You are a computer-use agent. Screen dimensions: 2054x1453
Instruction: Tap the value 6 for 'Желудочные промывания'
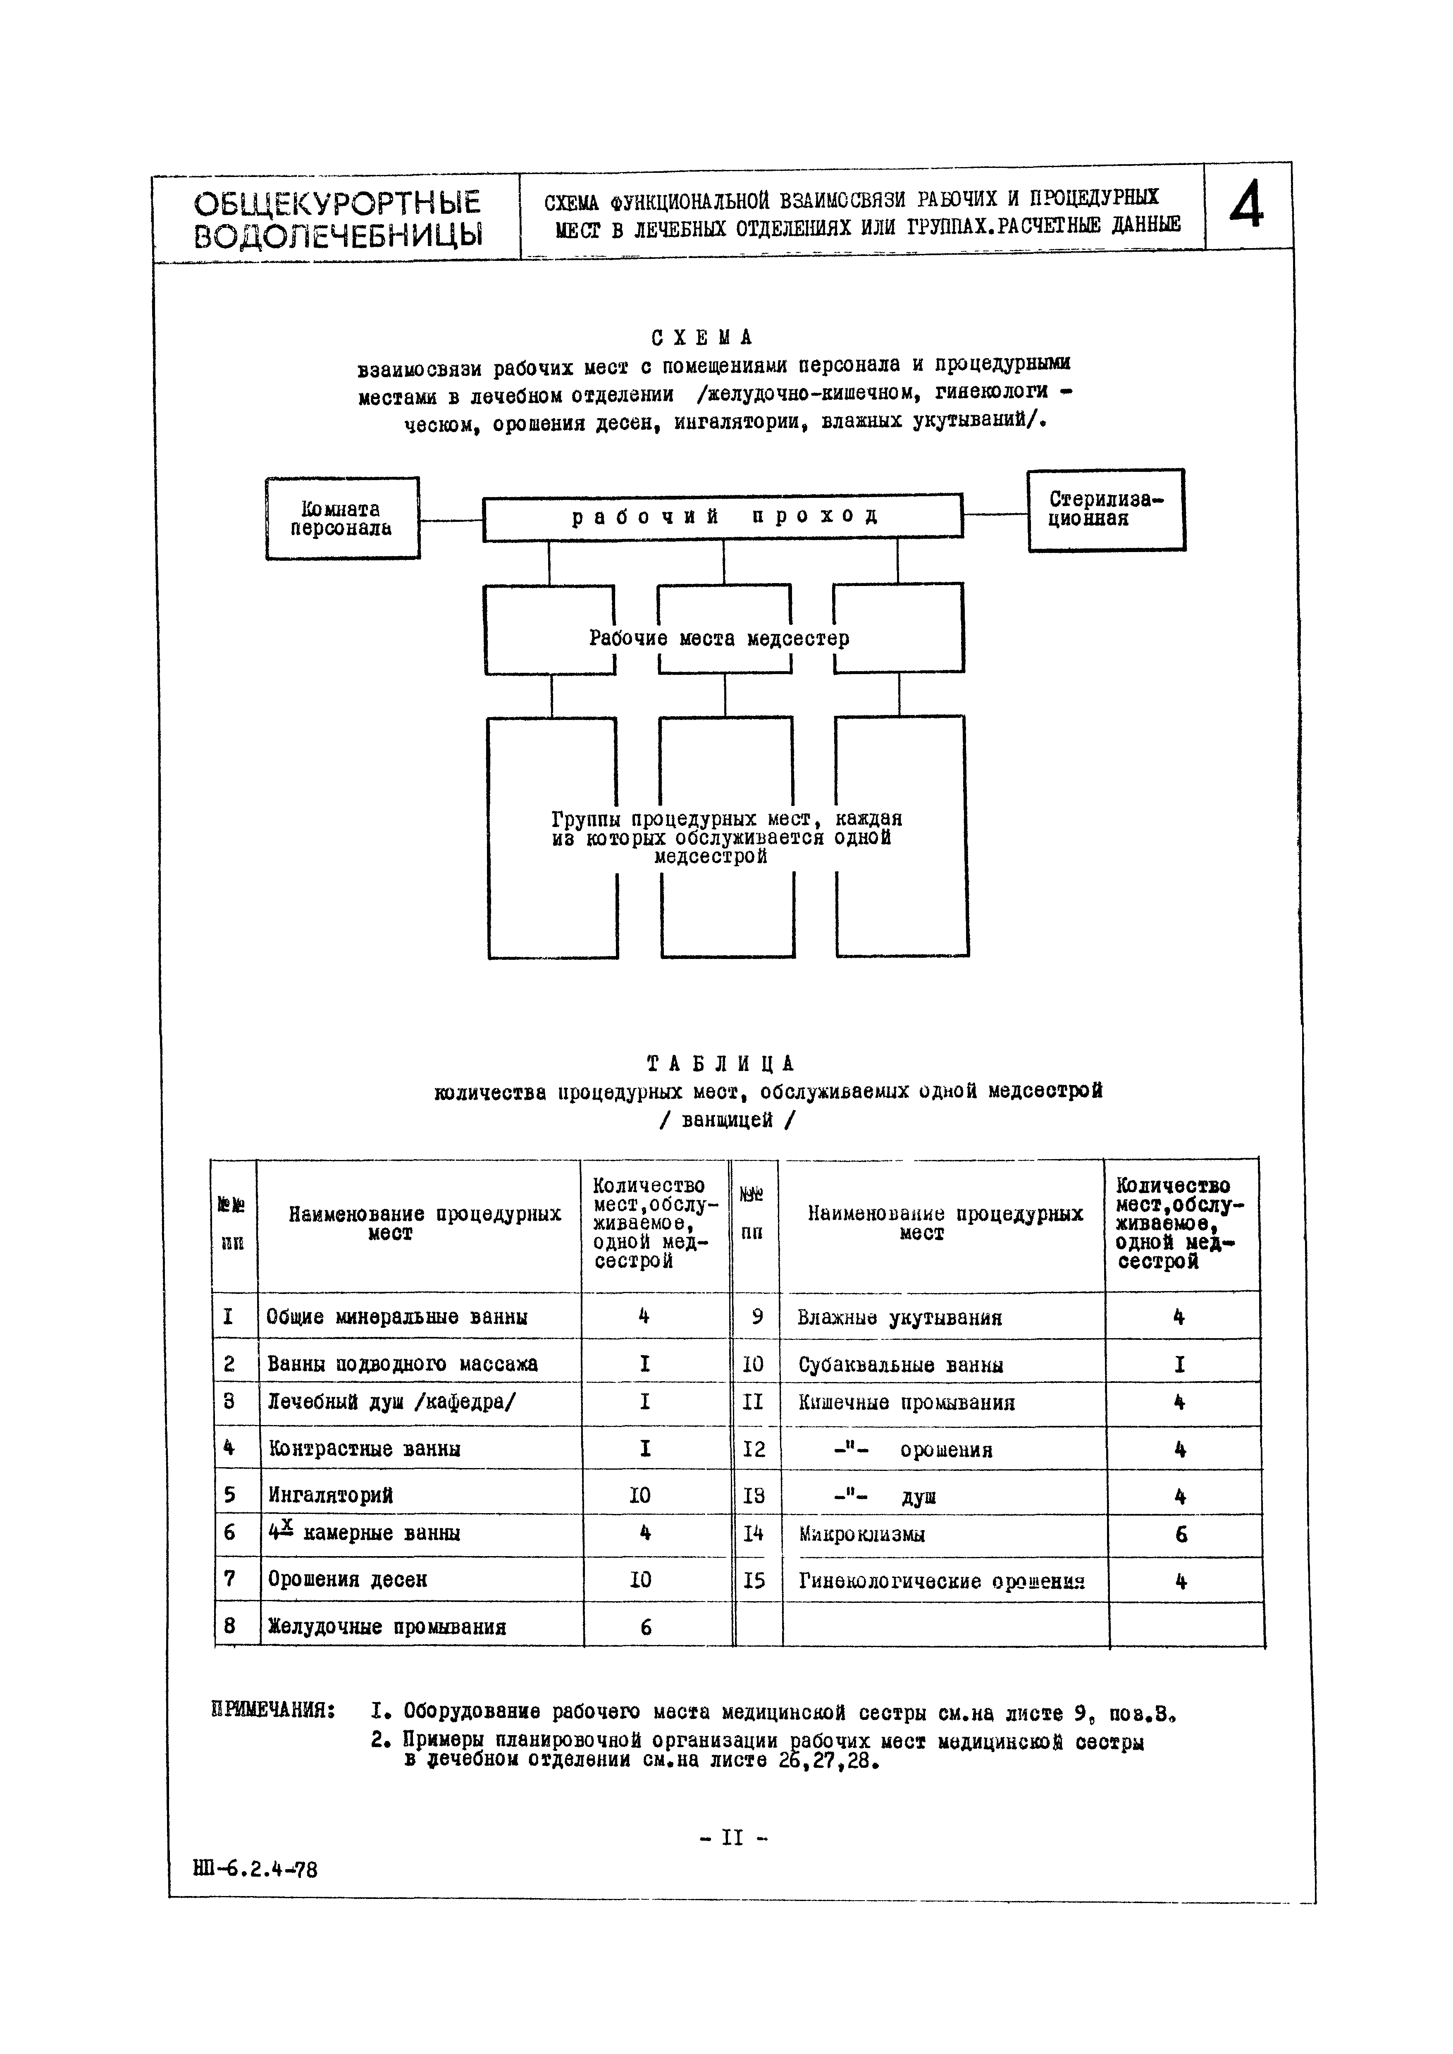645,1627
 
